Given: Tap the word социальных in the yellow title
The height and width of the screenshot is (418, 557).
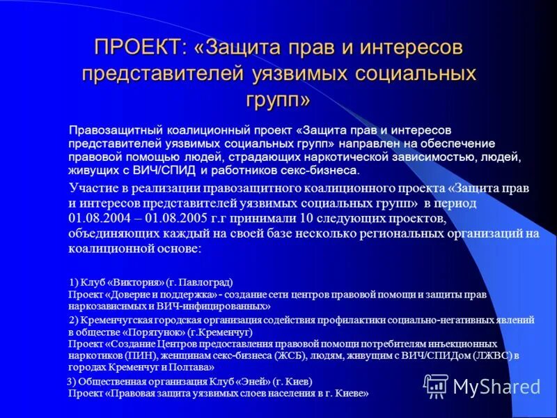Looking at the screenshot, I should tap(411, 74).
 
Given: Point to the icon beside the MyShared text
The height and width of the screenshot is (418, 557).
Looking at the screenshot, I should tap(437, 385).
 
